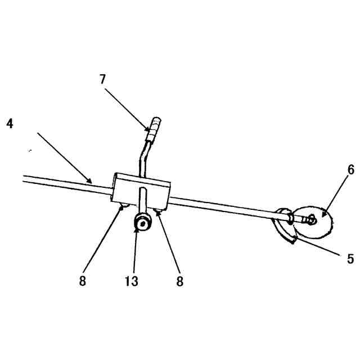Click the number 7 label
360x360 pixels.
point(102,79)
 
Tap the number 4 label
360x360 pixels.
point(10,123)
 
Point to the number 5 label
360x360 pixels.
point(350,259)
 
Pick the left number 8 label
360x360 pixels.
point(83,281)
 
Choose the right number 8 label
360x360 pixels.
point(179,281)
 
